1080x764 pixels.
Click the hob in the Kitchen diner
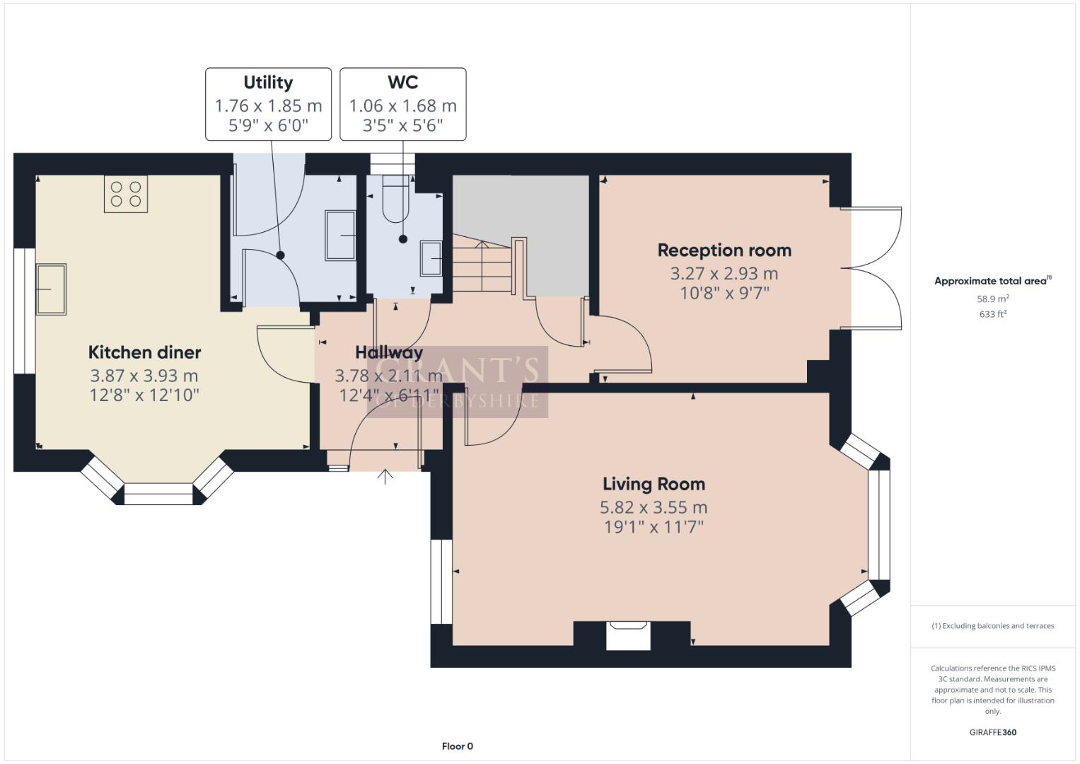pyautogui.click(x=126, y=194)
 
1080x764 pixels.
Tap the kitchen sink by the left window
pyautogui.click(x=51, y=289)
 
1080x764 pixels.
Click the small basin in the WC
pyautogui.click(x=431, y=258)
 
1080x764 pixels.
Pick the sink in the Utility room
pyautogui.click(x=340, y=235)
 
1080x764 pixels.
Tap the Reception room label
pyautogui.click(x=724, y=250)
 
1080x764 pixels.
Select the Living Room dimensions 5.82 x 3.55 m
pyautogui.click(x=654, y=507)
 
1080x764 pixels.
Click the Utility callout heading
pyautogui.click(x=268, y=83)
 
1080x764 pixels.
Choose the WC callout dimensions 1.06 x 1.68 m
pyautogui.click(x=402, y=106)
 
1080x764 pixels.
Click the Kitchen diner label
pyautogui.click(x=144, y=352)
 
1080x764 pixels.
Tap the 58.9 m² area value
pyautogui.click(x=993, y=299)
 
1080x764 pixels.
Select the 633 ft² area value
pyautogui.click(x=993, y=314)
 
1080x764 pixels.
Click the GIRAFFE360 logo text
pyautogui.click(x=993, y=732)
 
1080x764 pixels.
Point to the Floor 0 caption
pyautogui.click(x=457, y=746)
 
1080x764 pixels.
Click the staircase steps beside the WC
pyautogui.click(x=482, y=267)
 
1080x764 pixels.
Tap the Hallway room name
pyautogui.click(x=389, y=352)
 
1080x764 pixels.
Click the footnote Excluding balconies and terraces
pyautogui.click(x=993, y=626)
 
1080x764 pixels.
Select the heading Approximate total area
pyautogui.click(x=992, y=281)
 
